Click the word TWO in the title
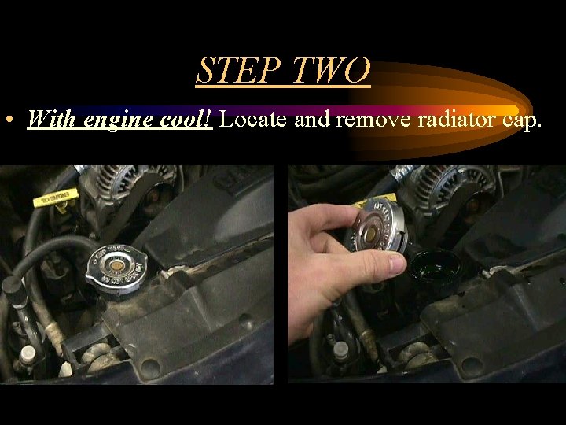tap(331, 71)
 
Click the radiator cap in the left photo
tap(119, 268)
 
